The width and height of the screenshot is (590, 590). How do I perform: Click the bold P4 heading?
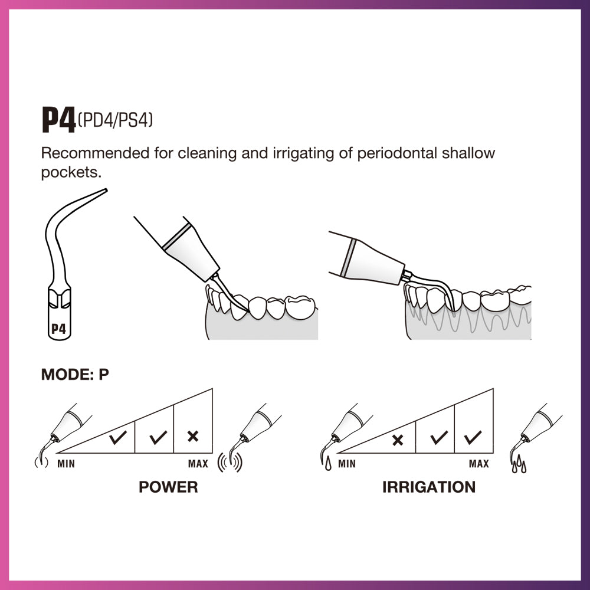(x=58, y=120)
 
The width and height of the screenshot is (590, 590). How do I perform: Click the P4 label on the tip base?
(x=58, y=329)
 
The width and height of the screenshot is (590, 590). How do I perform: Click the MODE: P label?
(x=75, y=375)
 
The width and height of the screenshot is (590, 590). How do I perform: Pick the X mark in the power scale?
(x=192, y=437)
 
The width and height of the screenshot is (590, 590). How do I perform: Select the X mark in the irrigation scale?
(x=398, y=440)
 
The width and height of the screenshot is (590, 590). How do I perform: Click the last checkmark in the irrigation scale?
(x=473, y=437)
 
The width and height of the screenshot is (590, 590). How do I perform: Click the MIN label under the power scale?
(x=66, y=464)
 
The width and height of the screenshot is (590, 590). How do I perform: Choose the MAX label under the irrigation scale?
(x=478, y=464)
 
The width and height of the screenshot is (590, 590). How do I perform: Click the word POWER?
(x=168, y=487)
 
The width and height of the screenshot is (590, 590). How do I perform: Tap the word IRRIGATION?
(x=428, y=487)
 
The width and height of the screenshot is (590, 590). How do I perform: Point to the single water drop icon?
(x=327, y=465)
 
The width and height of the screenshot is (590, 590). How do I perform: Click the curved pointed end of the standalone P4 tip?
(x=103, y=191)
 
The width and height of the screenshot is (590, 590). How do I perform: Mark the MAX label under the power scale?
(x=198, y=464)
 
